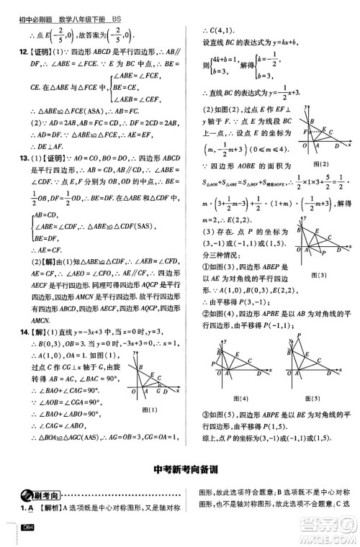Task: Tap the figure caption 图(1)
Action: click(150, 409)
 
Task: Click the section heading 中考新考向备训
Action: click(179, 471)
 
